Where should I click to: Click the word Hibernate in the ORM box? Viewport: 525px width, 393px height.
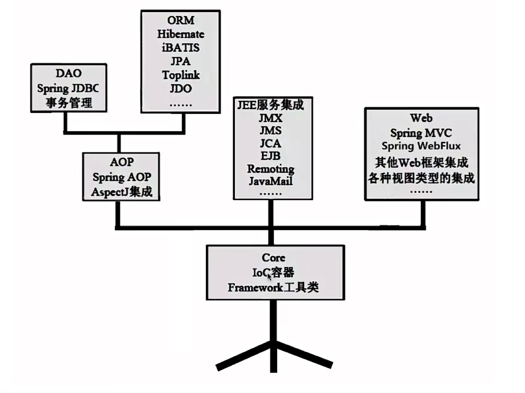click(x=181, y=34)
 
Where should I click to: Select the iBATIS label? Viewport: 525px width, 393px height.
click(x=181, y=48)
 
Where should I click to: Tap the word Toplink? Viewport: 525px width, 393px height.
click(x=181, y=75)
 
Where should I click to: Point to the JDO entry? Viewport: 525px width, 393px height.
click(x=181, y=89)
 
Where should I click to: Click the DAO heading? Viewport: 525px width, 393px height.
click(x=68, y=73)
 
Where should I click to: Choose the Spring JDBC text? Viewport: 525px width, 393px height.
click(x=68, y=88)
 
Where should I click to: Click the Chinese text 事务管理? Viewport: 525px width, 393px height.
click(x=69, y=103)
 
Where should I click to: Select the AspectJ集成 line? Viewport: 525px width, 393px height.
click(x=122, y=192)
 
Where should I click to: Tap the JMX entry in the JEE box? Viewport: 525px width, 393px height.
click(x=271, y=118)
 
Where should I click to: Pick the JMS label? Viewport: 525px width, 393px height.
click(x=271, y=131)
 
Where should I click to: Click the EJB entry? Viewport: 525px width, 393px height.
click(x=271, y=156)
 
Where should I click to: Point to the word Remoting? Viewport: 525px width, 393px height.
click(x=271, y=169)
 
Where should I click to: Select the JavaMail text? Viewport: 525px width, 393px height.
click(x=271, y=182)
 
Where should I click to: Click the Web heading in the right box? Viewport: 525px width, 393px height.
click(x=421, y=118)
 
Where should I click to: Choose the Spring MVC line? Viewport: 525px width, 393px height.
click(x=421, y=133)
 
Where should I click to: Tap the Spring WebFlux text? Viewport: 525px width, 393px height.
click(x=421, y=146)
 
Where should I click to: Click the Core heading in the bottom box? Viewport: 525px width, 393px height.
click(x=273, y=258)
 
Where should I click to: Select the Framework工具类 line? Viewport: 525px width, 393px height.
click(x=273, y=287)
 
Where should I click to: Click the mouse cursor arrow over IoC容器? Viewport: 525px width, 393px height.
click(x=269, y=276)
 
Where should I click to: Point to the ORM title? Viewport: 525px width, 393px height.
click(x=181, y=20)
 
